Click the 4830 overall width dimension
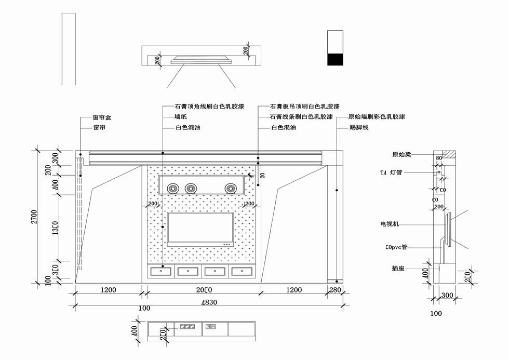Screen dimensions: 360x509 (209, 302)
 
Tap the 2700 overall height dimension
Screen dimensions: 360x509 (34, 217)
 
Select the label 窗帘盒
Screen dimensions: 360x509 (102, 118)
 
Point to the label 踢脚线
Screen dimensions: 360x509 (359, 127)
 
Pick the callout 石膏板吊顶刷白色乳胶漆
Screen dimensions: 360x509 (305, 106)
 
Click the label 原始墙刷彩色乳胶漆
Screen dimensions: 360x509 (377, 117)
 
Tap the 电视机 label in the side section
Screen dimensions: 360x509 (390, 224)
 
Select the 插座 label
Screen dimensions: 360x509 (398, 269)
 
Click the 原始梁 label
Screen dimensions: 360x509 (402, 155)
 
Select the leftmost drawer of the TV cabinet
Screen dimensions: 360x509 (162, 271)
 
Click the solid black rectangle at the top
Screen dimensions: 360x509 (335, 59)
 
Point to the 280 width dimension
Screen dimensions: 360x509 (335, 290)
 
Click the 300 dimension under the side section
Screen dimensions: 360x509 (447, 296)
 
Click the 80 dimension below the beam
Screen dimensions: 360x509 (439, 158)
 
